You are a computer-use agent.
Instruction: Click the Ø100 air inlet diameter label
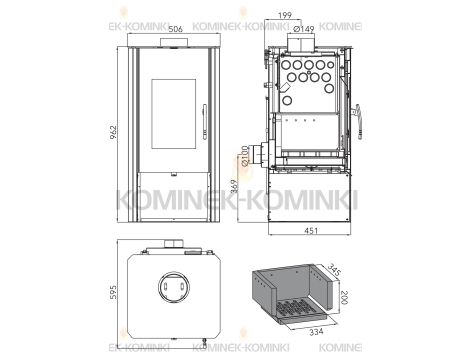pos(245,156)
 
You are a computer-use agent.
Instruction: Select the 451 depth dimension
pos(311,232)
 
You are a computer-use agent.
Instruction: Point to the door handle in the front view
pos(203,128)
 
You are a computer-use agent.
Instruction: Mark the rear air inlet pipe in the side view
pos(258,155)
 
